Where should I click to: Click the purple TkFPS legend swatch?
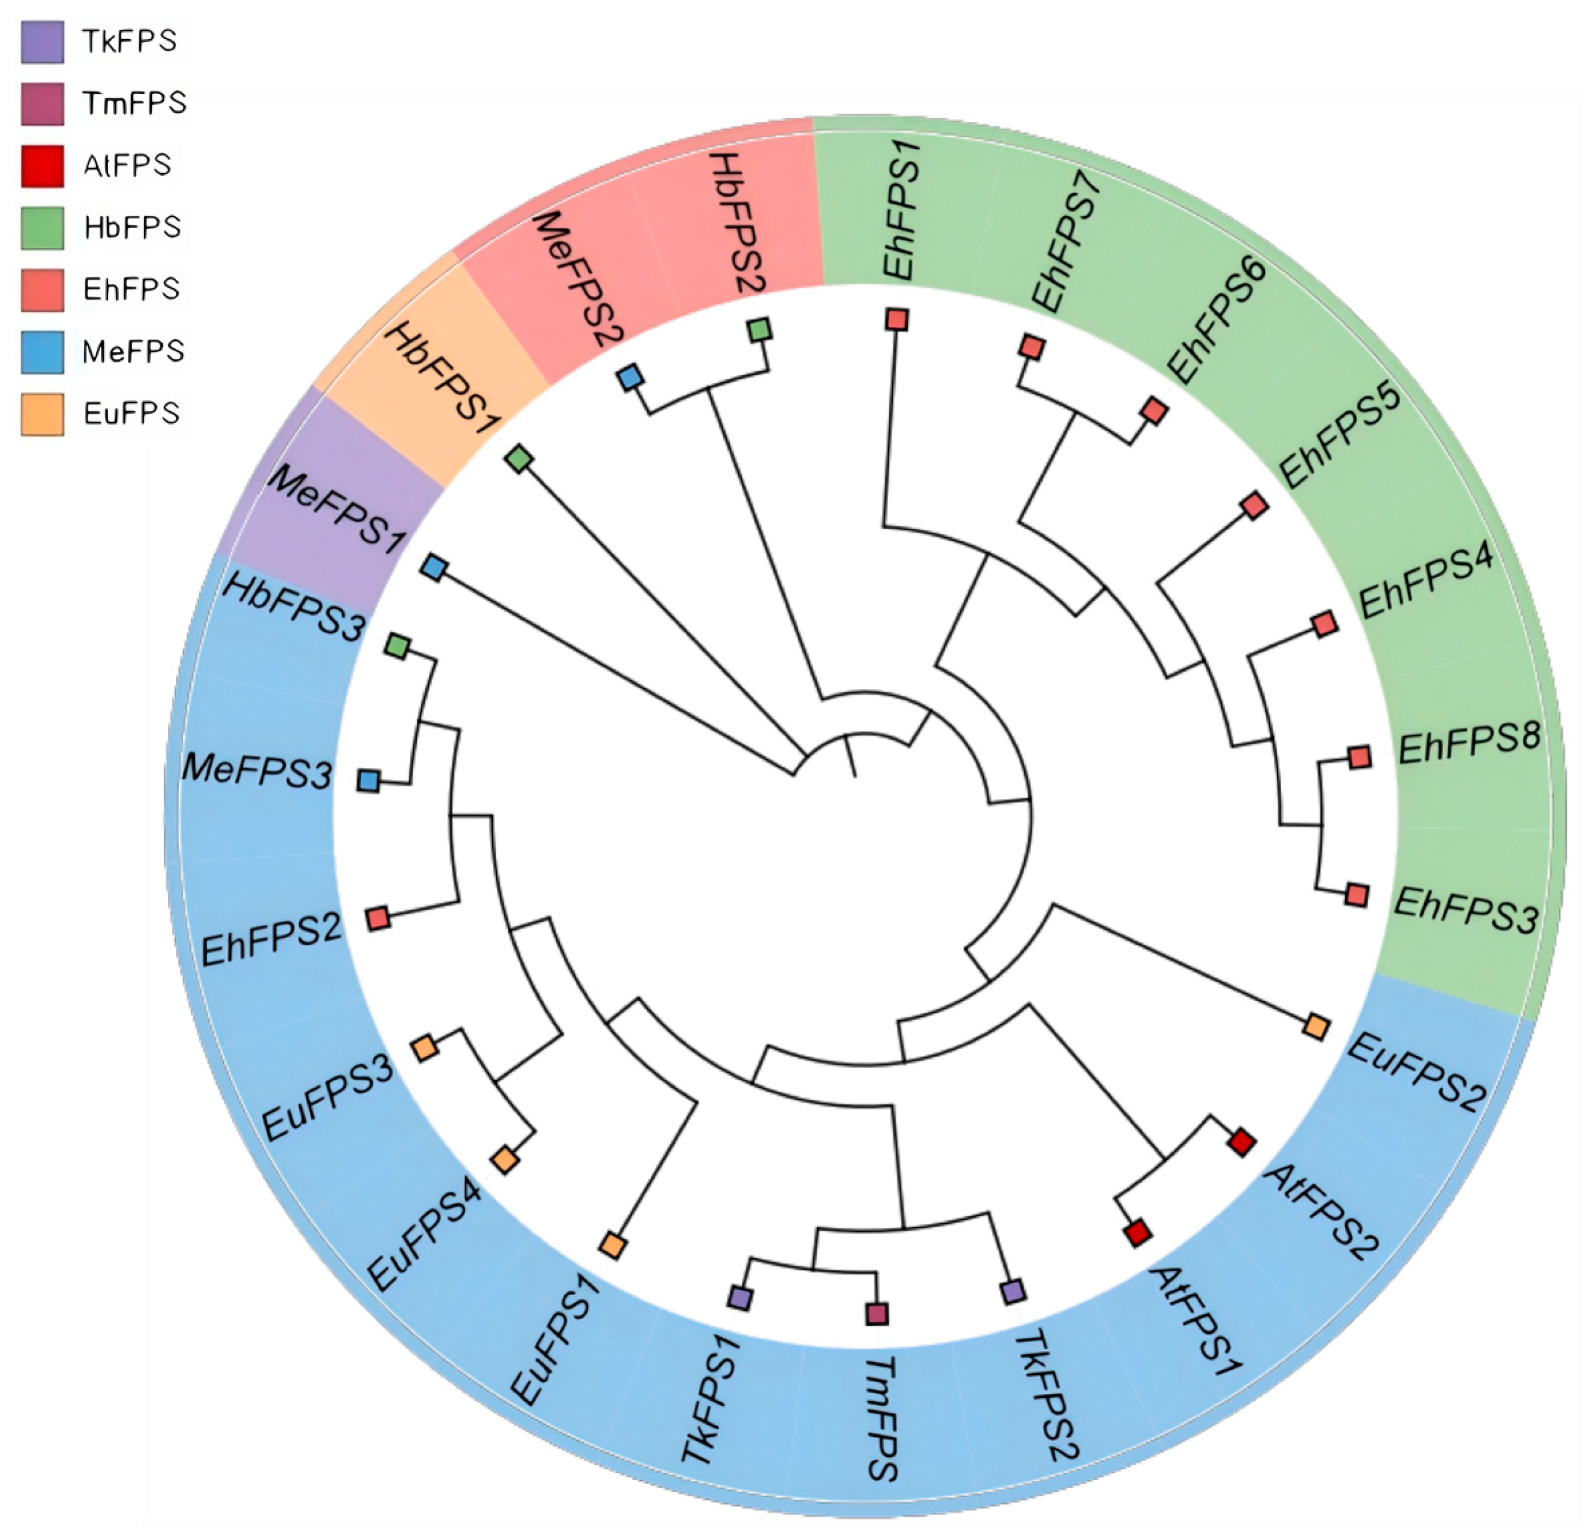click(x=42, y=42)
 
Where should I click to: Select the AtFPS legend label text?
click(x=127, y=165)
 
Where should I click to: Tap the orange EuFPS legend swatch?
click(x=42, y=414)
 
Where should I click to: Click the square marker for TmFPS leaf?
click(x=876, y=1313)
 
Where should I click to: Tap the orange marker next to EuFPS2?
click(x=1316, y=1027)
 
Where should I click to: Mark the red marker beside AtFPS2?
click(x=1241, y=1142)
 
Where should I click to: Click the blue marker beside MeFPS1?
click(x=434, y=568)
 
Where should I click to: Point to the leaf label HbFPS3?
click(x=293, y=607)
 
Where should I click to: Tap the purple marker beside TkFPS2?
click(x=1012, y=1291)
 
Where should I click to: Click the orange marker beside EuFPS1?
click(x=613, y=1245)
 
